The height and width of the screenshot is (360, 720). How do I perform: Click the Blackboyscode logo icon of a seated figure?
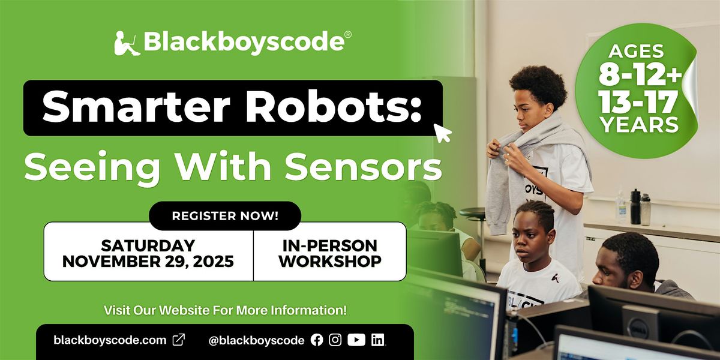pos(127,44)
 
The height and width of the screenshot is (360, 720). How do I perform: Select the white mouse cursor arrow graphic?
pos(443,134)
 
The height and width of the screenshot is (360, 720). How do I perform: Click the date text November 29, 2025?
pos(148,262)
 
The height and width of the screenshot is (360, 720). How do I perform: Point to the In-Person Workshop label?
pos(329,253)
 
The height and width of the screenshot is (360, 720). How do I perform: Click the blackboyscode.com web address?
pos(110,340)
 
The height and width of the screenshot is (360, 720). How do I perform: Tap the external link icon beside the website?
pos(179,340)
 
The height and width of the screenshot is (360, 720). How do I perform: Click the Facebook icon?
pos(317,340)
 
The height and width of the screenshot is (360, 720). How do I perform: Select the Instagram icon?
pos(335,340)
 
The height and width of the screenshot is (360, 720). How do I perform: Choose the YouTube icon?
pos(356,340)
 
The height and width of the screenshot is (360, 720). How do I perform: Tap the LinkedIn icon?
pos(377,340)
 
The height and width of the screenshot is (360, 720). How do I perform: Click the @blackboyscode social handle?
pos(256,340)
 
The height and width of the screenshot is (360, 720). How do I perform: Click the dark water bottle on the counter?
pos(635,207)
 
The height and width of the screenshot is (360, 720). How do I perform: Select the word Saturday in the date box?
pos(148,245)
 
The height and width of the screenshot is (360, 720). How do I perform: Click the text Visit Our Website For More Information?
pos(225,311)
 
